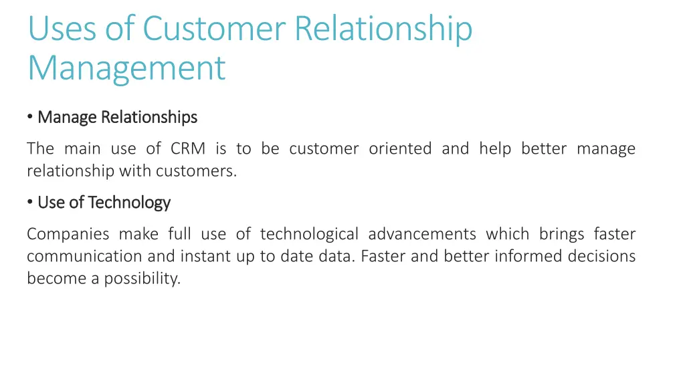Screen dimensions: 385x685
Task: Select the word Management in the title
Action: pos(126,68)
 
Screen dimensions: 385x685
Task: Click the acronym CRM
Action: pos(187,148)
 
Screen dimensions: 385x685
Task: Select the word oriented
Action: pos(400,148)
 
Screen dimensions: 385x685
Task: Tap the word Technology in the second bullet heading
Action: pos(129,202)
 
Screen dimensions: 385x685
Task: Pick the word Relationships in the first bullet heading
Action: pos(149,117)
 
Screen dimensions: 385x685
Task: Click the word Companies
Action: pos(68,234)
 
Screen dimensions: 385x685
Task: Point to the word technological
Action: pos(309,234)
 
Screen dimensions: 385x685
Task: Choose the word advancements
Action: pos(422,234)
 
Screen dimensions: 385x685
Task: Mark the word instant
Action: pos(204,256)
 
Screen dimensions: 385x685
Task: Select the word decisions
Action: pos(601,256)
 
